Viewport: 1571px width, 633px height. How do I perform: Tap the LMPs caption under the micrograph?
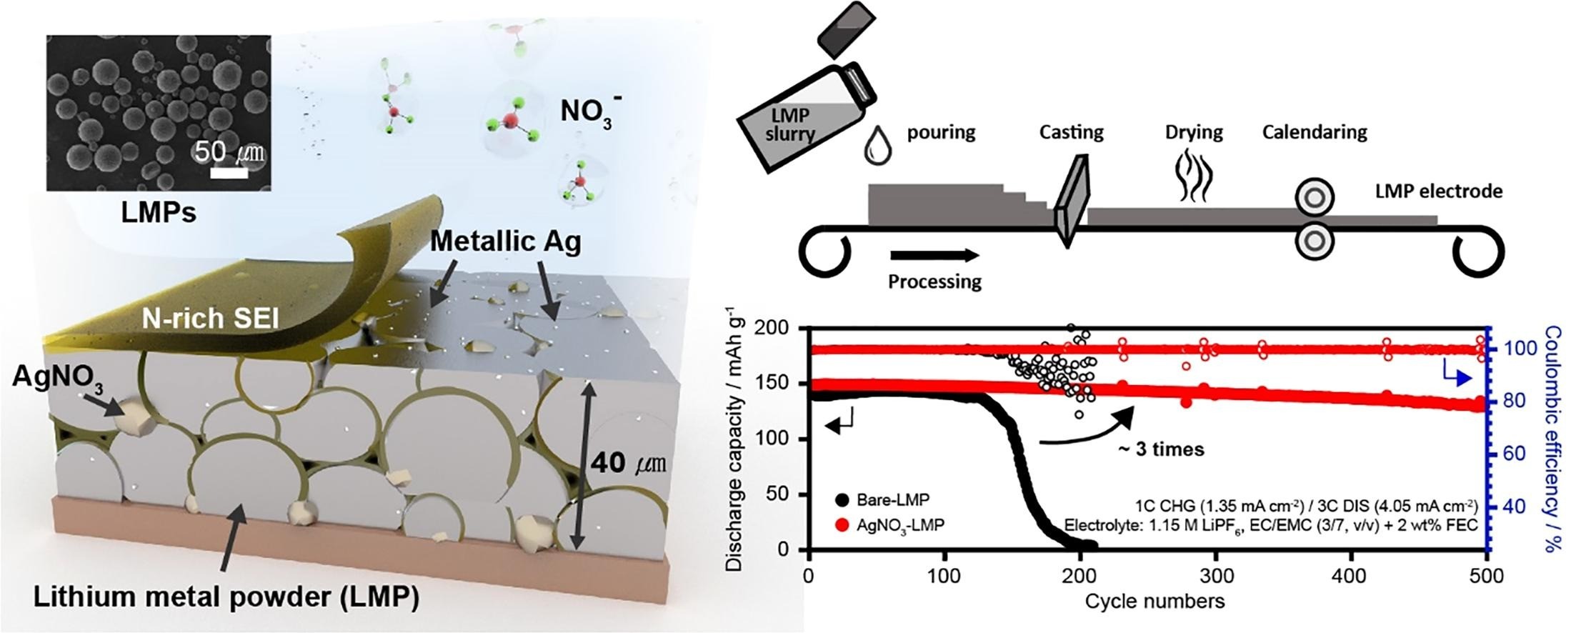click(x=158, y=212)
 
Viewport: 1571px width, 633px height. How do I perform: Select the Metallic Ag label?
click(x=505, y=242)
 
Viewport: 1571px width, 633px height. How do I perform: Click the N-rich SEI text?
click(x=210, y=318)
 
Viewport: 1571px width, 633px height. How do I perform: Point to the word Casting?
click(x=1071, y=132)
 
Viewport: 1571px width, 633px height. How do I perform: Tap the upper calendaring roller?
click(x=1314, y=197)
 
